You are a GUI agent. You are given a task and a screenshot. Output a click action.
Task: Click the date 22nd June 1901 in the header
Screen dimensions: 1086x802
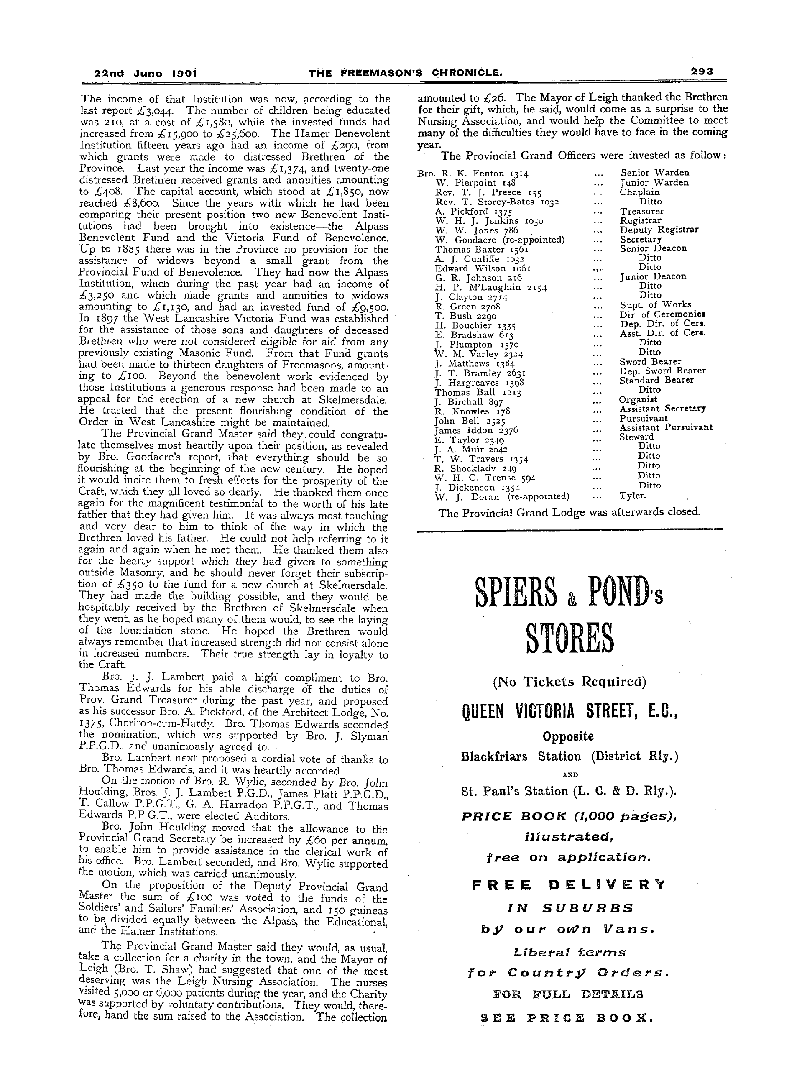coord(145,73)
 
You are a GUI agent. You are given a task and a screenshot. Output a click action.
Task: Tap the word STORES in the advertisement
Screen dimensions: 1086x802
coord(570,639)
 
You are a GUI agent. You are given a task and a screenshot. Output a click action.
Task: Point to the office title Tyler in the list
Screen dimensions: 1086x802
coord(633,496)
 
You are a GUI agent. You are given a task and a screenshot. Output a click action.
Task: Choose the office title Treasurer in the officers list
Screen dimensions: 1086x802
coord(641,211)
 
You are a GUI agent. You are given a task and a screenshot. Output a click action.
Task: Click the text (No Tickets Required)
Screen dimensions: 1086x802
coord(570,682)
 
